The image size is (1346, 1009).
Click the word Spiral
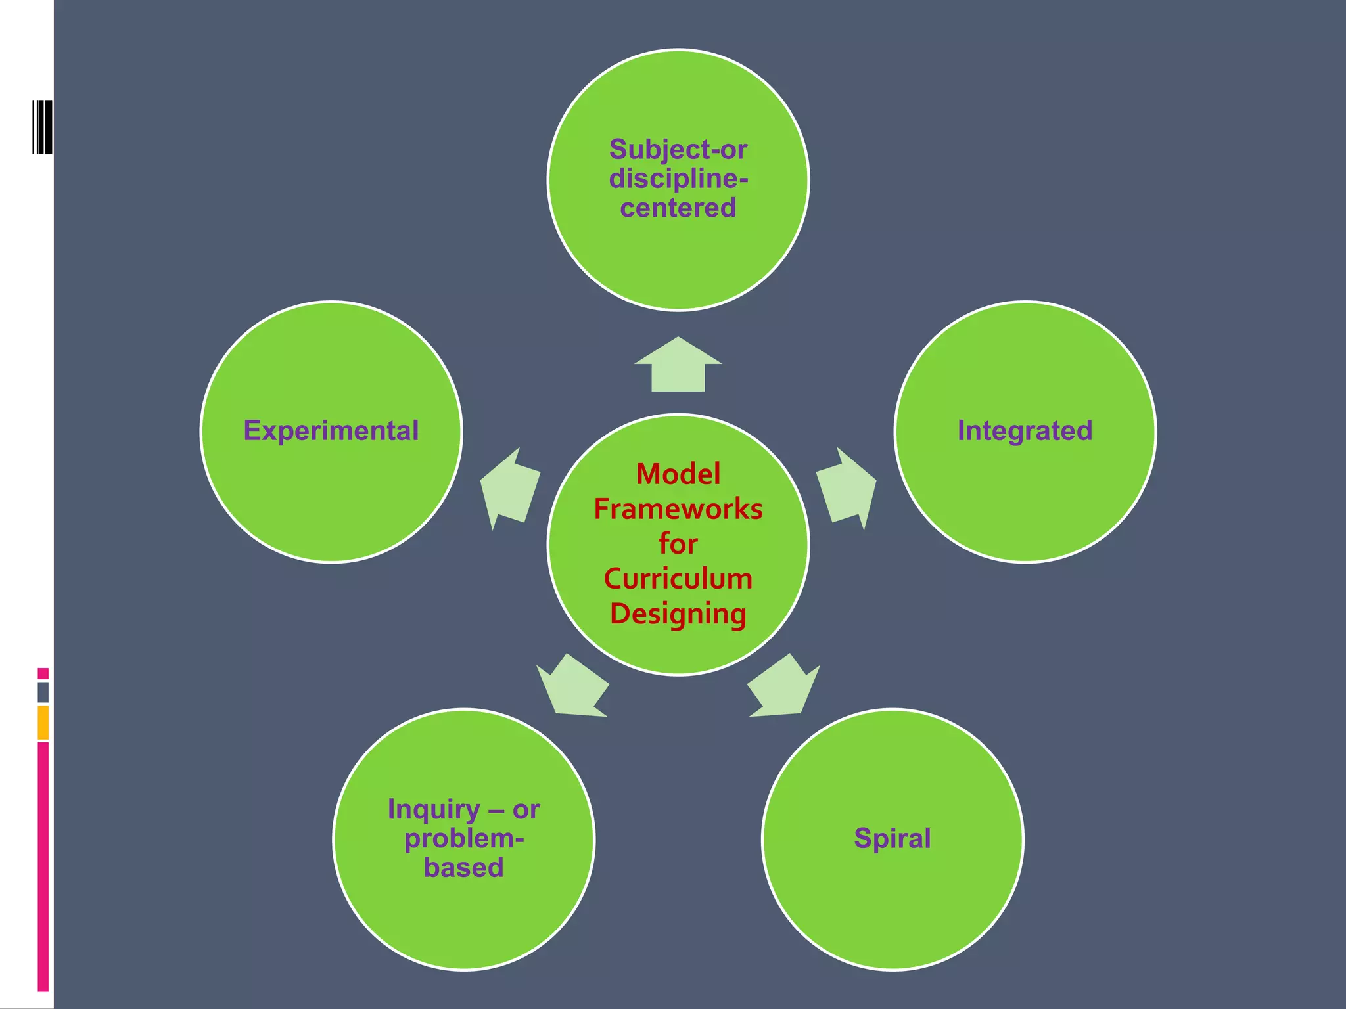(x=892, y=838)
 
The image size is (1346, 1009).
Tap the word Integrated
(x=1025, y=431)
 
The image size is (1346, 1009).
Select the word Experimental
(x=331, y=431)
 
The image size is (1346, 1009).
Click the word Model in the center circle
(x=678, y=474)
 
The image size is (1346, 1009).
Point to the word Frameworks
(x=678, y=509)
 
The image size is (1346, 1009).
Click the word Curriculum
(x=678, y=579)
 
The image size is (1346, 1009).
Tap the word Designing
(x=678, y=614)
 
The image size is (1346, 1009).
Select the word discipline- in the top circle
(x=678, y=179)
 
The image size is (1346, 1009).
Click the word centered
(x=678, y=208)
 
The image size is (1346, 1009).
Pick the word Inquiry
(x=434, y=810)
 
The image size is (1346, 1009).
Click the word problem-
(x=464, y=839)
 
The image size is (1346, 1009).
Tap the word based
(x=464, y=868)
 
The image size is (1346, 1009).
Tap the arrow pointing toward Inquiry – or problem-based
(x=572, y=686)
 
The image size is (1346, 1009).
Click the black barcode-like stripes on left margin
(x=43, y=127)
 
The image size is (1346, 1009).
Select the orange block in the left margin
(x=43, y=723)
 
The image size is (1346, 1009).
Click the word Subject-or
(x=678, y=150)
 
